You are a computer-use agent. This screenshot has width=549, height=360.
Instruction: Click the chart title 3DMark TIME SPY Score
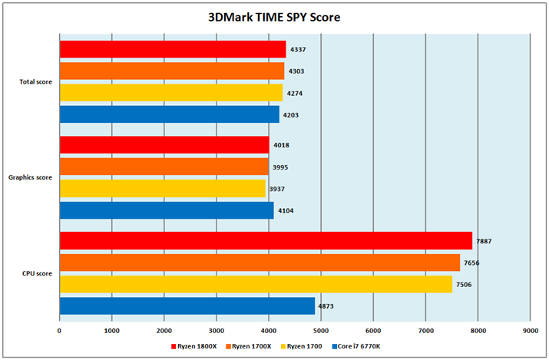point(274,16)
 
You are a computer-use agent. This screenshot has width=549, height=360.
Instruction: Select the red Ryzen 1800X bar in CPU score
point(265,241)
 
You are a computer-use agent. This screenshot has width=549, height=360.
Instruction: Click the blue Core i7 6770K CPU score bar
point(187,306)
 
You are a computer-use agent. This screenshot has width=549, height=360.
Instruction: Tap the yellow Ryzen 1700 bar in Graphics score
point(162,189)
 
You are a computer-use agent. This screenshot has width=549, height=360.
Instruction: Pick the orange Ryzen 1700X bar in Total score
point(171,71)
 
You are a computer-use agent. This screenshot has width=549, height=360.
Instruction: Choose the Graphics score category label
point(31,177)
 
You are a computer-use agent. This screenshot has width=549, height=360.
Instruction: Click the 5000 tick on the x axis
point(320,331)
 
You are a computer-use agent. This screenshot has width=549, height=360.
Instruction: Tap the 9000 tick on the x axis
point(530,331)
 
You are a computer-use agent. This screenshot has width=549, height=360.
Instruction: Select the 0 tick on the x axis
point(59,331)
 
